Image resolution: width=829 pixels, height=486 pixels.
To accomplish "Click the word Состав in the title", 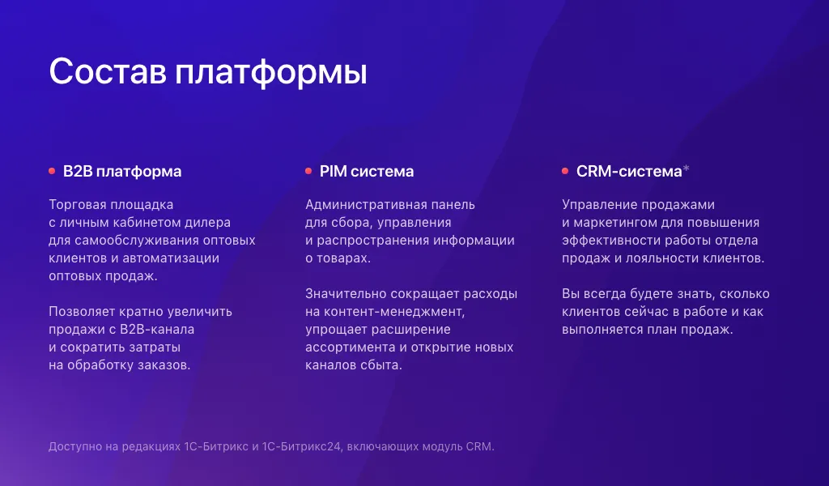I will tap(108, 71).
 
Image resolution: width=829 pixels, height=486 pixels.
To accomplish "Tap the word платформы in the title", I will tap(272, 73).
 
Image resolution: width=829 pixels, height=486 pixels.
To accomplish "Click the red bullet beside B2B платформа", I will tap(52, 171).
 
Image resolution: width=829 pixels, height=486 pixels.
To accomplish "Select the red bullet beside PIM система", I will tap(308, 171).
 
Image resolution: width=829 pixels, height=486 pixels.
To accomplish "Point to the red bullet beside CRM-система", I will tap(565, 171).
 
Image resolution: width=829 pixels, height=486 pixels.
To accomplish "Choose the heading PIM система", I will tap(367, 172).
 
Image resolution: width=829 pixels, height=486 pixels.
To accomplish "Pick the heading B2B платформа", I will tap(122, 172).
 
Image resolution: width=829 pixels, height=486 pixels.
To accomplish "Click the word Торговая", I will tap(77, 205).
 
